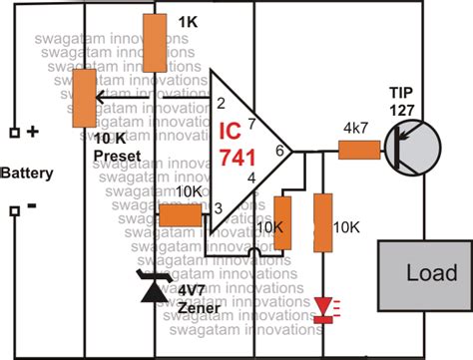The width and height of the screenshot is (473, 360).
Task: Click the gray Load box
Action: (x=419, y=272)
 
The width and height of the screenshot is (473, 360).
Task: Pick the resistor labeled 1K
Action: (x=156, y=43)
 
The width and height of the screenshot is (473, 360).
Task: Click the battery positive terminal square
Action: (x=15, y=132)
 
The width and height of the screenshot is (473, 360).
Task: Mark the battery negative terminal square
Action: (x=15, y=210)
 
